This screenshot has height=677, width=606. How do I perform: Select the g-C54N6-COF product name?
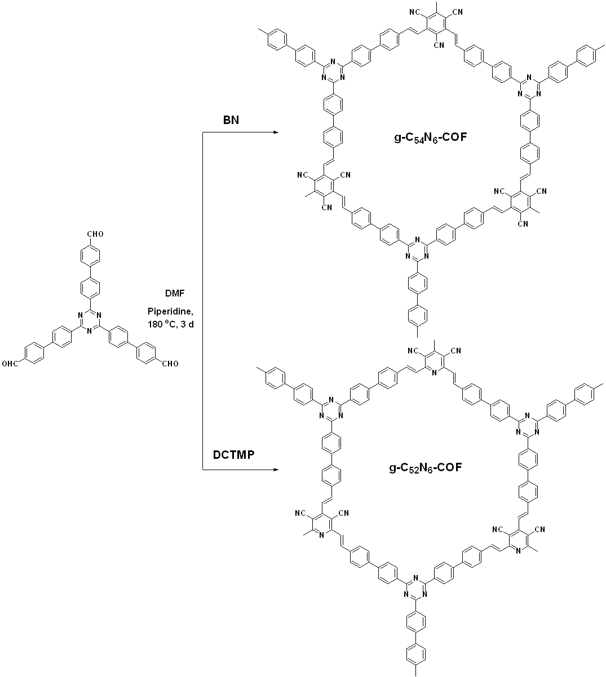(430, 137)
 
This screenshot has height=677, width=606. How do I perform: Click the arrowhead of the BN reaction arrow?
(275, 133)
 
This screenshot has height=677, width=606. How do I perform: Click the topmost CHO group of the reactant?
(94, 233)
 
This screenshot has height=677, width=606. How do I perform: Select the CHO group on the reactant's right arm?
(170, 364)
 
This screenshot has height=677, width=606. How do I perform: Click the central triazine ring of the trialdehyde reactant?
(89, 321)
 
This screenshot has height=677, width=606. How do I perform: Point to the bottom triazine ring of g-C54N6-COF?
(415, 249)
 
